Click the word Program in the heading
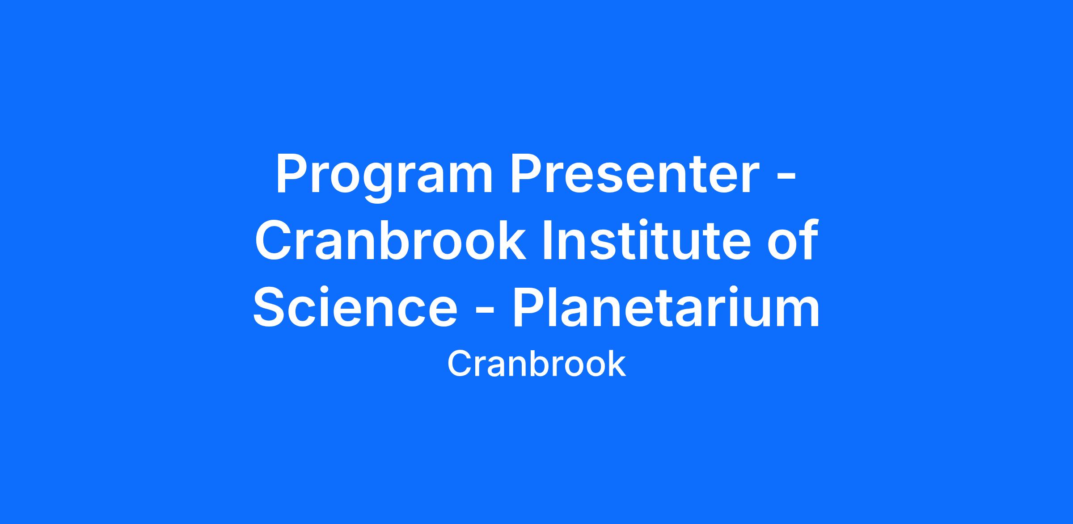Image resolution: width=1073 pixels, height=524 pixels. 384,177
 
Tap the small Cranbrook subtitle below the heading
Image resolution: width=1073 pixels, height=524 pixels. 536,364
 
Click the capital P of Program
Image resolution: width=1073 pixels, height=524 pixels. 293,174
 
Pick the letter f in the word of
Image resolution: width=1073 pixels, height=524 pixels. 808,239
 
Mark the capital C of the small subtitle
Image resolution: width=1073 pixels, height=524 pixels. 460,364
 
